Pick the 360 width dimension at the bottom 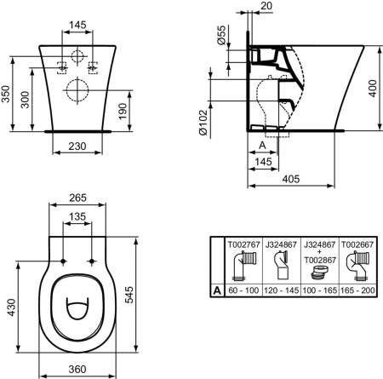coord(78,370)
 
